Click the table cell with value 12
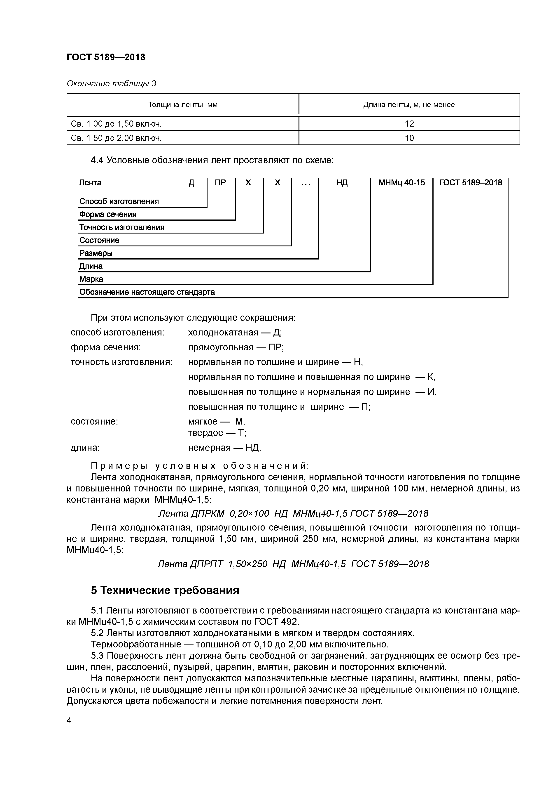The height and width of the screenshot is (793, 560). pos(409,124)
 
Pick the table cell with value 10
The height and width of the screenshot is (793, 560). pos(409,138)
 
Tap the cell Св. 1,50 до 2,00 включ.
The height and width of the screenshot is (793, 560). pos(116,138)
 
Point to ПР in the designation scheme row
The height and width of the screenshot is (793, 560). pos(220,183)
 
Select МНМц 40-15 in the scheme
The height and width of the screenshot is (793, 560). pos(402,183)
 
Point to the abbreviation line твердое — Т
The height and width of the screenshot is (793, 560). pos(217,433)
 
